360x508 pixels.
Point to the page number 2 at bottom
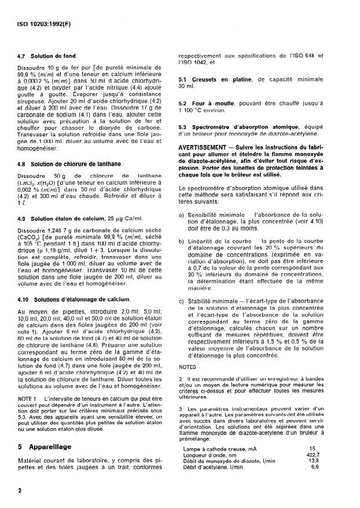[20, 490]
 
